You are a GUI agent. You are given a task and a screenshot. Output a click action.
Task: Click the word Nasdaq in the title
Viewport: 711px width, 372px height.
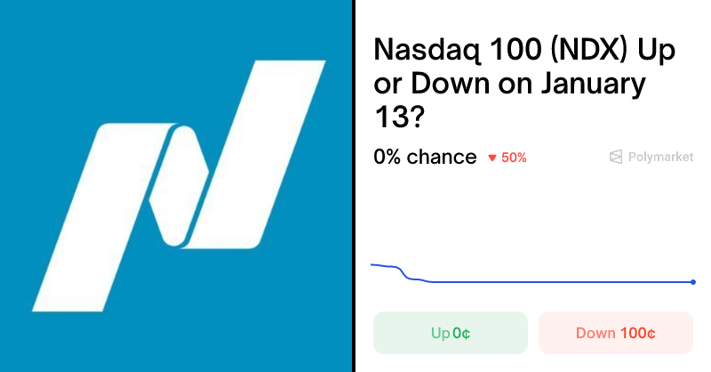tap(420, 51)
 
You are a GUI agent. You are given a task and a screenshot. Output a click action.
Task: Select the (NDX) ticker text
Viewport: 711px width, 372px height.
tap(583, 51)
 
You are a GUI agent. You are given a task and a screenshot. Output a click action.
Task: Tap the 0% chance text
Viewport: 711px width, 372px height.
tap(425, 158)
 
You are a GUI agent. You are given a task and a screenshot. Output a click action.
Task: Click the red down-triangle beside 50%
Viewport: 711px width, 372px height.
tap(491, 158)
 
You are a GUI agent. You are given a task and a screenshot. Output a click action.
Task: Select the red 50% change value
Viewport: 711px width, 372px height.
tap(514, 158)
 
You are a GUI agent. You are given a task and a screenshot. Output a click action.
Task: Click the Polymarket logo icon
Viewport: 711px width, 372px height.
tap(615, 157)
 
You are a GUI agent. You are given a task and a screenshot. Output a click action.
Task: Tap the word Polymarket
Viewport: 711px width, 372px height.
tap(660, 157)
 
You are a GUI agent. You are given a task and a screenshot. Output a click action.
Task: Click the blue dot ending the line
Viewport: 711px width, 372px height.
tap(693, 282)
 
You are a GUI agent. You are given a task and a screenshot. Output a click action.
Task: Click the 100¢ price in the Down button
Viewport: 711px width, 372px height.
tap(637, 334)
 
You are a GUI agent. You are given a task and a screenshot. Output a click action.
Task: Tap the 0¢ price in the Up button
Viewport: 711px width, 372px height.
tap(460, 334)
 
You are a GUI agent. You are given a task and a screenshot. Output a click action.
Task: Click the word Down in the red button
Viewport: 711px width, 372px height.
tap(595, 334)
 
